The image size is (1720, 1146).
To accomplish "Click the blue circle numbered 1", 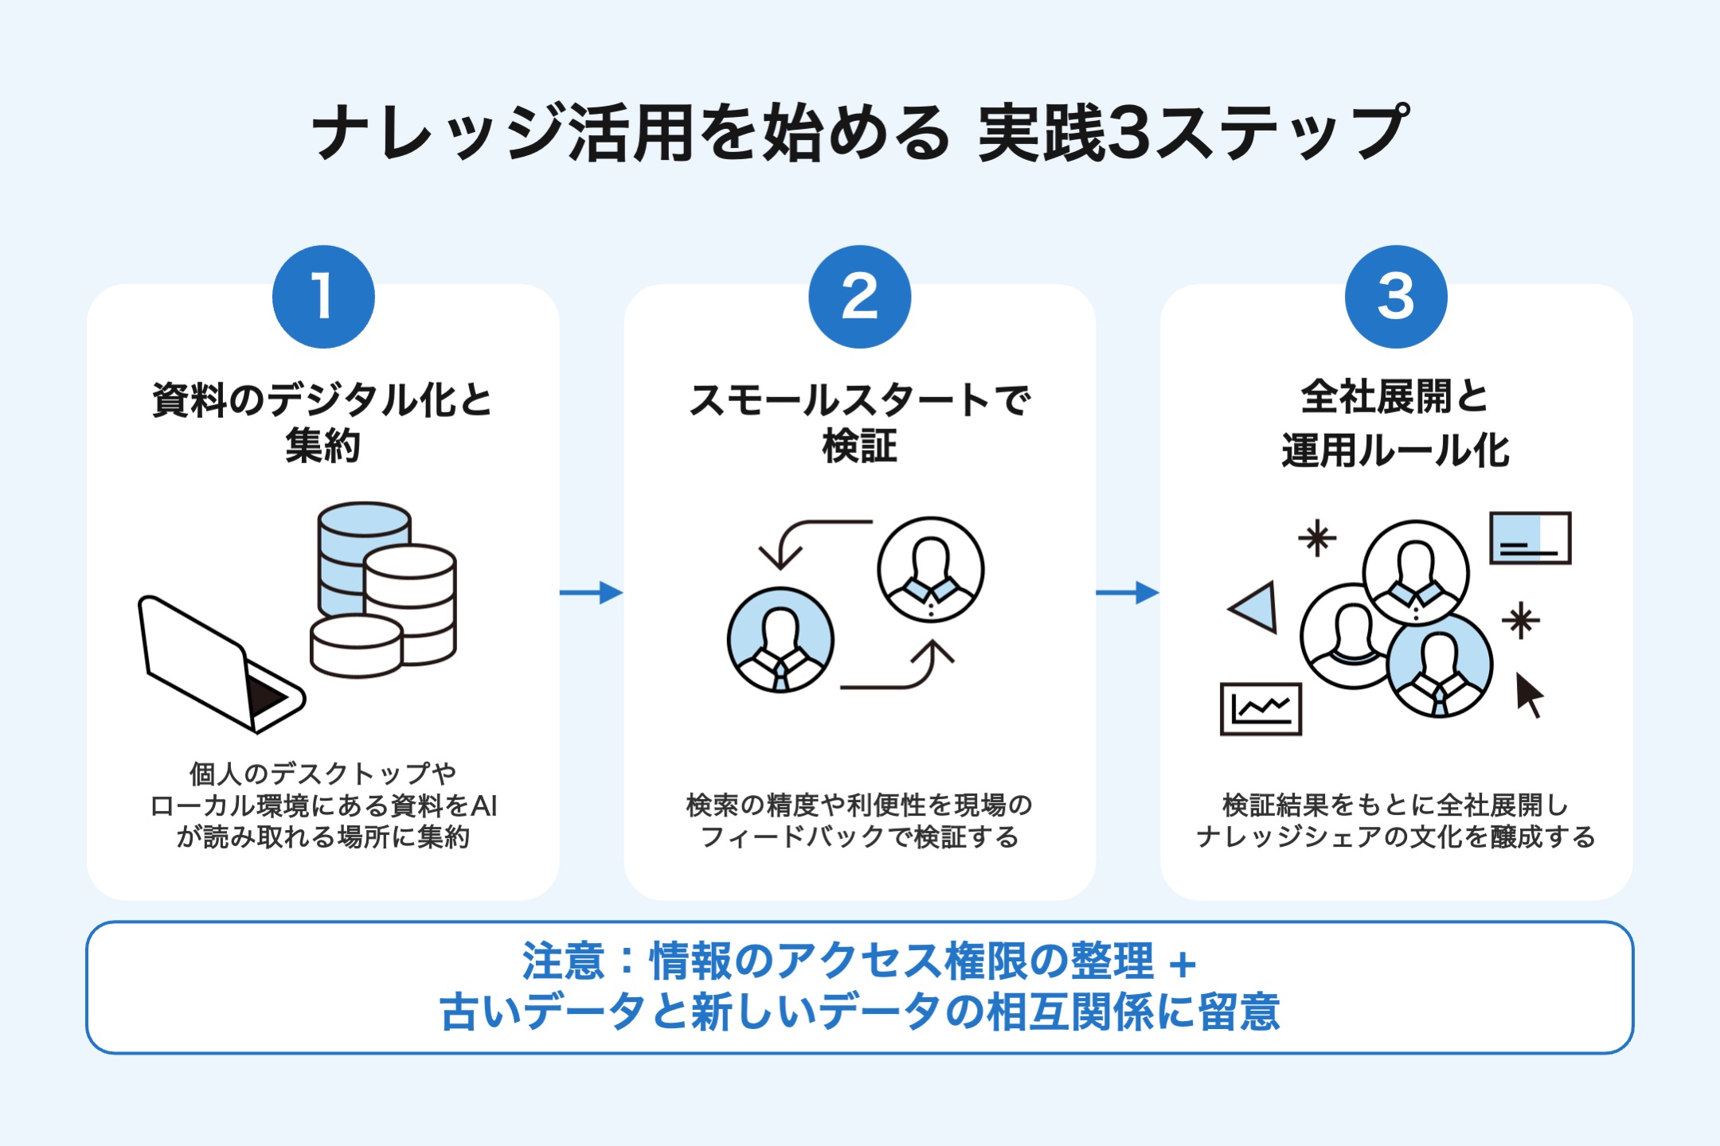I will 323,296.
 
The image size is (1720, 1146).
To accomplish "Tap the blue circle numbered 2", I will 859,296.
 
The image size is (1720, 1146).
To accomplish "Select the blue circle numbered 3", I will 1395,296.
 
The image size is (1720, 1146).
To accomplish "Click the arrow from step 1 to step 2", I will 591,592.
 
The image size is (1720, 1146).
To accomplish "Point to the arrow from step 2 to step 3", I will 1127,592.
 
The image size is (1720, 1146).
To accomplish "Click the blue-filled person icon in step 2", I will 780,640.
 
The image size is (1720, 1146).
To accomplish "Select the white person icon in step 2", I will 930,569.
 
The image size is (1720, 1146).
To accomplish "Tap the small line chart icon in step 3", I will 1261,708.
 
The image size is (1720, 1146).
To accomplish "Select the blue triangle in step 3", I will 1257,607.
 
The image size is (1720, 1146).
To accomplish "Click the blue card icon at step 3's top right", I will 1530,538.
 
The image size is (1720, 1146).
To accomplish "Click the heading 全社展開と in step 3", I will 1395,396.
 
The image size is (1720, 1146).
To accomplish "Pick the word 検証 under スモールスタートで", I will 859,446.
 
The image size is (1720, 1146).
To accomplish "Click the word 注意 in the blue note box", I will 564,961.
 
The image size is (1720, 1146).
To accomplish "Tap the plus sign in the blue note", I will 1183,964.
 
